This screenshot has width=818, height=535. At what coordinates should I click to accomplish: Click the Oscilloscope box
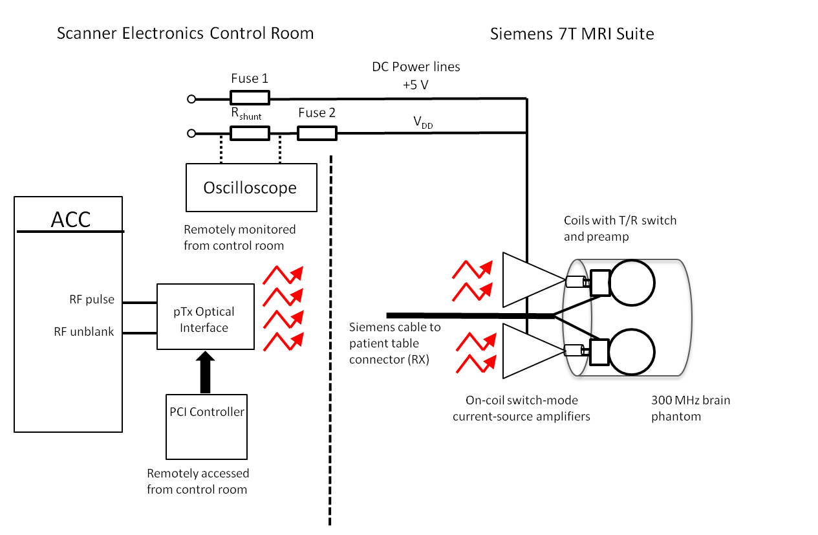pyautogui.click(x=251, y=188)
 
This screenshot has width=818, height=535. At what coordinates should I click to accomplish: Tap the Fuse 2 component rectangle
pyautogui.click(x=317, y=134)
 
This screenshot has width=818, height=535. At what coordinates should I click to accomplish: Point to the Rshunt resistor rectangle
pyautogui.click(x=250, y=134)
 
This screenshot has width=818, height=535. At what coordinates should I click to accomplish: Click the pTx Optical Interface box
pyautogui.click(x=204, y=317)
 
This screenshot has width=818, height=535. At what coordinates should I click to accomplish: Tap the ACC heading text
pyautogui.click(x=70, y=219)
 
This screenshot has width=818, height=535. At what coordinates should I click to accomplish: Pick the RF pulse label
pyautogui.click(x=92, y=300)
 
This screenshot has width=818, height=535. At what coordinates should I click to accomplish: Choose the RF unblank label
pyautogui.click(x=84, y=332)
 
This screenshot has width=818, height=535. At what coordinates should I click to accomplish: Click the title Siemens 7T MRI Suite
pyautogui.click(x=572, y=34)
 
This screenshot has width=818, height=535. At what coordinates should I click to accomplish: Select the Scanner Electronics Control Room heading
pyautogui.click(x=185, y=34)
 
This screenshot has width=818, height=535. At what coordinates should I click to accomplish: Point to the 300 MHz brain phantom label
pyautogui.click(x=691, y=408)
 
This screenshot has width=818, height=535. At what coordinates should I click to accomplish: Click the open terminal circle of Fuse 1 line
pyautogui.click(x=191, y=99)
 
